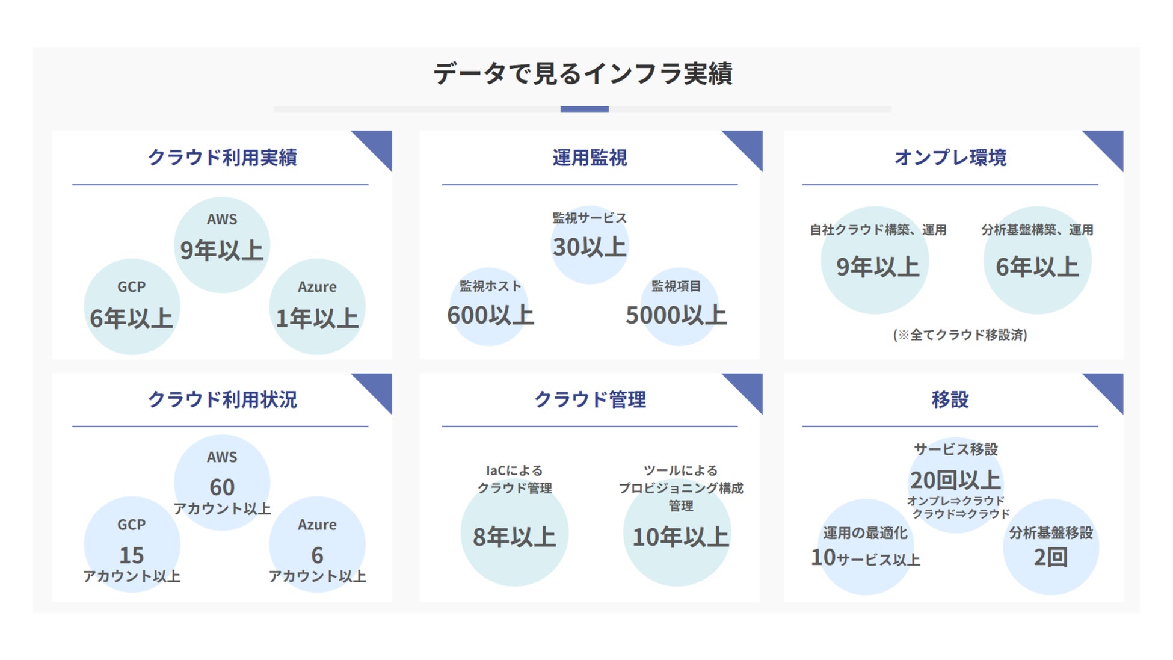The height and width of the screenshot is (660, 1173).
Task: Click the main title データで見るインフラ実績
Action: click(x=582, y=73)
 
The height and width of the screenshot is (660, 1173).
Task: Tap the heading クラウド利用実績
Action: click(x=222, y=157)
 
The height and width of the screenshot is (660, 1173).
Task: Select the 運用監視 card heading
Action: click(x=590, y=157)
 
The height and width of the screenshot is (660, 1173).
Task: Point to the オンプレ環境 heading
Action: click(x=950, y=157)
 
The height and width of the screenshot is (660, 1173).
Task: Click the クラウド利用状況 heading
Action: click(x=222, y=399)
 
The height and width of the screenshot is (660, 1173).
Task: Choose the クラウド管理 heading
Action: click(x=590, y=399)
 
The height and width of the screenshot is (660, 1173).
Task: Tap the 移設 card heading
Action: click(x=950, y=399)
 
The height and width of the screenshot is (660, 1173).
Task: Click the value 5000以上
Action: click(x=676, y=315)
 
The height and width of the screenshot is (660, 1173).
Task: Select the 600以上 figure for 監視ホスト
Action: click(x=490, y=315)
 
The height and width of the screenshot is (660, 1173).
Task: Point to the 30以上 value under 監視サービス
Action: click(x=590, y=247)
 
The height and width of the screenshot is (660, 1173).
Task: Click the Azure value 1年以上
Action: click(x=317, y=318)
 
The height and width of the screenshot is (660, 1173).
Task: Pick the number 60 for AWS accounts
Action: click(x=222, y=487)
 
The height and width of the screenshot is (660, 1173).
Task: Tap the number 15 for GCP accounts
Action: click(x=131, y=555)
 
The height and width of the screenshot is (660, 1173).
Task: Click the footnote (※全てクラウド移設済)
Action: click(x=960, y=335)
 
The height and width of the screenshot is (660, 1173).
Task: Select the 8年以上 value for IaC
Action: click(x=514, y=537)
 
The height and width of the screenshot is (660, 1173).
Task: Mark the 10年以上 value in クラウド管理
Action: click(x=680, y=537)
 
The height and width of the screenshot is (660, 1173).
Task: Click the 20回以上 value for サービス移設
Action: click(x=955, y=480)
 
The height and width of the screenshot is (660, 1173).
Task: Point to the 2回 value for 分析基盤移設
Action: click(x=1050, y=557)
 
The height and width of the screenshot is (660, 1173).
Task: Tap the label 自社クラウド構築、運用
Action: click(x=878, y=230)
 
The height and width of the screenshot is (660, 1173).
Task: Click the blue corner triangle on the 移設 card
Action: click(x=1109, y=387)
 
